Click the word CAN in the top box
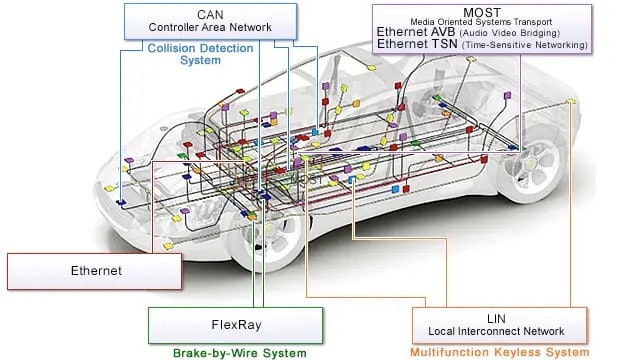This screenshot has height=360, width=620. (x=211, y=13)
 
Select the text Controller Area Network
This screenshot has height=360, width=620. (x=211, y=27)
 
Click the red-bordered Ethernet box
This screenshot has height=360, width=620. (x=96, y=271)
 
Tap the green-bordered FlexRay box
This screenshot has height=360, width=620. (x=236, y=324)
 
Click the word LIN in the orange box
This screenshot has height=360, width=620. (x=495, y=317)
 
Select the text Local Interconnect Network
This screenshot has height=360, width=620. (x=496, y=331)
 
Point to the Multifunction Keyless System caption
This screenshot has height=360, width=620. (x=499, y=353)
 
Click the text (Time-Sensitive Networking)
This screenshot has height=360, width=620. (x=524, y=45)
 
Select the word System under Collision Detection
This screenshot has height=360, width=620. (x=200, y=61)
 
